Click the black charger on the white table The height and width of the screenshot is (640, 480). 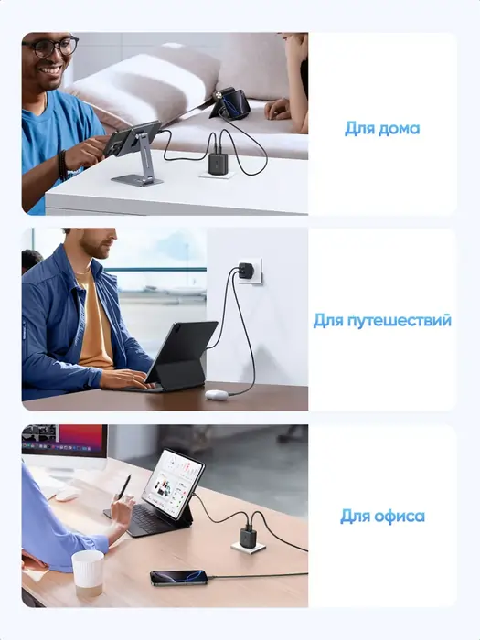218,163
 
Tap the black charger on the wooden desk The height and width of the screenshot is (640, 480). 248,537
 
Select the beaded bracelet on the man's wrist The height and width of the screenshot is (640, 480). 62,165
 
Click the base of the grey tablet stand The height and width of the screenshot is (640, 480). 137,179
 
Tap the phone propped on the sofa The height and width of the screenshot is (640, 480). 231,103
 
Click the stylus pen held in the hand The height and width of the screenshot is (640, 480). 123,487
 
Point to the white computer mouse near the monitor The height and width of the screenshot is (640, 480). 67,495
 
